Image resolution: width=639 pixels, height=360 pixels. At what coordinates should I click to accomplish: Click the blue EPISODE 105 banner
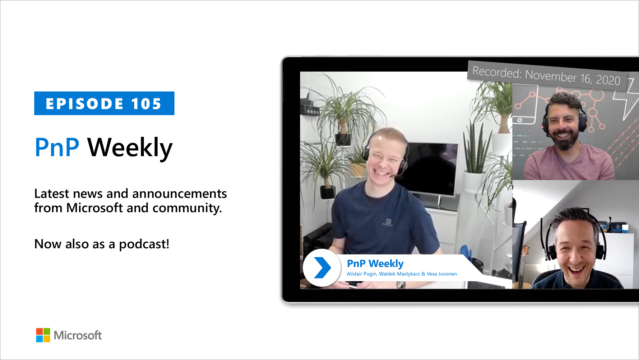[x=104, y=103]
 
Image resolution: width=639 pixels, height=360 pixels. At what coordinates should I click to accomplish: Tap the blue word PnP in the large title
[x=57, y=147]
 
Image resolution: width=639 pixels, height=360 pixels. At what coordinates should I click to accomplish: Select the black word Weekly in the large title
[x=130, y=148]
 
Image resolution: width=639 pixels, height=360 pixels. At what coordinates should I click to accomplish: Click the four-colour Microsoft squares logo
[x=43, y=335]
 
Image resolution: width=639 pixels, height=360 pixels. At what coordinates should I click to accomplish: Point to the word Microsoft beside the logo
[x=78, y=335]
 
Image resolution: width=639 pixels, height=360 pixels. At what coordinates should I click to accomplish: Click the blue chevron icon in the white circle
[x=322, y=268]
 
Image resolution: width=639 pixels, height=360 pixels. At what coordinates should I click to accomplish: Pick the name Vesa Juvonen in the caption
[x=442, y=274]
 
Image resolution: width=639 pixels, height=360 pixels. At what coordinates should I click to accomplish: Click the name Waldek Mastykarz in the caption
[x=399, y=274]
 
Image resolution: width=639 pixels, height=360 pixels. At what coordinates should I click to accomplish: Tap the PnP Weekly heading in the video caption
[x=375, y=264]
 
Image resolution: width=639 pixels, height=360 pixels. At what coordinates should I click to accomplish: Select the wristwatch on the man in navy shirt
[x=401, y=284]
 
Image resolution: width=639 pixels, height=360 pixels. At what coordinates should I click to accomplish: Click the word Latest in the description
[x=51, y=194]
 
